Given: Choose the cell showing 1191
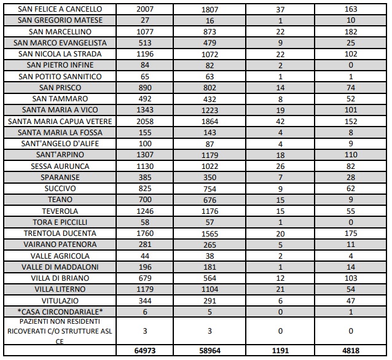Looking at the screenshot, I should click(x=281, y=351).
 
